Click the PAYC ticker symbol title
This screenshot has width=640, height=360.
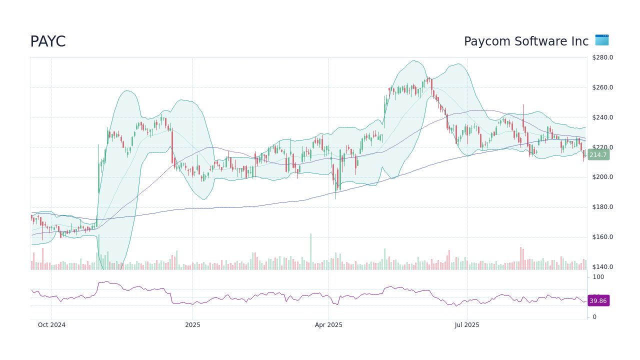[48, 42]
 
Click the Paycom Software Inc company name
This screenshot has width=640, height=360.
[526, 41]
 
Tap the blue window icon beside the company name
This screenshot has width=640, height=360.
[601, 40]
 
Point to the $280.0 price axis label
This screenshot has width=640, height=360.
[602, 57]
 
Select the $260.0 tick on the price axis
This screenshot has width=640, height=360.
[602, 87]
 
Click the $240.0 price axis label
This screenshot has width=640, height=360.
[602, 117]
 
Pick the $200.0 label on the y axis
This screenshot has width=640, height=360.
[602, 177]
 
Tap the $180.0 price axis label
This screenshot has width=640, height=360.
[602, 207]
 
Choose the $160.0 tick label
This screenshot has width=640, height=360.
[602, 237]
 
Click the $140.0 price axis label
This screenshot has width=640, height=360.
[602, 267]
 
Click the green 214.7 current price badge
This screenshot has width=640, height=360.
[598, 155]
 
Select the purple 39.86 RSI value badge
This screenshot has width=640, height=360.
[598, 300]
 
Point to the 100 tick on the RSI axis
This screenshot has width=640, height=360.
[598, 277]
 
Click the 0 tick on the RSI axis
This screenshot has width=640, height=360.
[594, 317]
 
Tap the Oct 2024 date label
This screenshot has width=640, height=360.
[51, 325]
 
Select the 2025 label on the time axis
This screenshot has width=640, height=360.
[192, 325]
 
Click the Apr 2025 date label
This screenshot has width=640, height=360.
[328, 325]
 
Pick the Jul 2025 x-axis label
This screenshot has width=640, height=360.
[467, 325]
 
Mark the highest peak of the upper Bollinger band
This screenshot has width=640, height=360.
[413, 60]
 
